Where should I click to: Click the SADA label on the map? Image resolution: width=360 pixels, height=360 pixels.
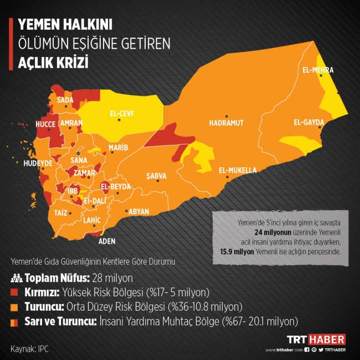tap(65, 100)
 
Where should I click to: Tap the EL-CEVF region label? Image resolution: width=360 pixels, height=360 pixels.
tap(122, 114)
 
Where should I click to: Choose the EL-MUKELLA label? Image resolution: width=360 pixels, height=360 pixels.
tap(238, 169)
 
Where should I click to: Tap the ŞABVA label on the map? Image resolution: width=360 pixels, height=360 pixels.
tap(156, 176)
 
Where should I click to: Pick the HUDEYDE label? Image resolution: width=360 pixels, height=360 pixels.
tap(38, 164)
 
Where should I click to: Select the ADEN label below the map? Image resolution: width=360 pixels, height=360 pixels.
tap(106, 241)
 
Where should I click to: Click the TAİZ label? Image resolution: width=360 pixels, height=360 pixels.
tap(60, 213)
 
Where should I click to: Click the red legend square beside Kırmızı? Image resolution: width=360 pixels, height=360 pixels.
tap(15, 292)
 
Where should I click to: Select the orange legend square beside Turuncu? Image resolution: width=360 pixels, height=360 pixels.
tap(15, 306)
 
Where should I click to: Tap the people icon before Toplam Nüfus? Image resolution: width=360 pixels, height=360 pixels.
tap(16, 277)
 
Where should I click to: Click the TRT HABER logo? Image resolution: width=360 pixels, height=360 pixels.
tap(315, 339)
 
